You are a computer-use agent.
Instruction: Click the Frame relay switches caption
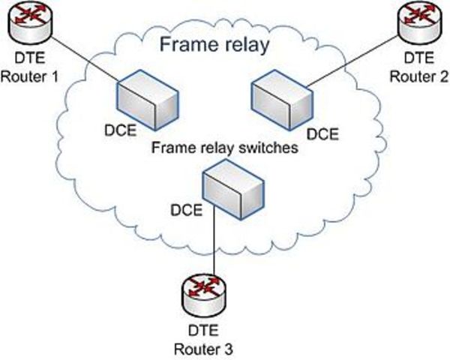coord(225,148)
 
